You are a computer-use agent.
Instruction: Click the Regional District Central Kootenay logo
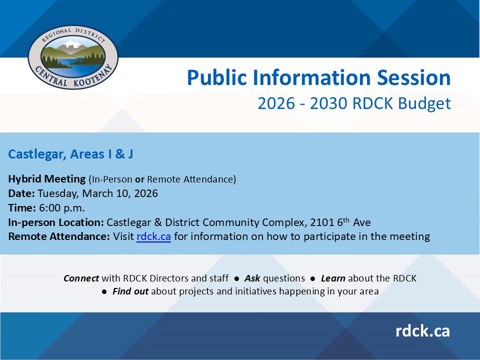pos(73,57)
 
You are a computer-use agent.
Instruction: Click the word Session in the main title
pos(413,77)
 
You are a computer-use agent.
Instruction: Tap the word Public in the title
pos(216,77)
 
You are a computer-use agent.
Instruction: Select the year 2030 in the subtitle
pos(329,103)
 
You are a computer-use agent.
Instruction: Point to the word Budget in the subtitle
pos(424,104)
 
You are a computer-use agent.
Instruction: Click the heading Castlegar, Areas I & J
pos(70,154)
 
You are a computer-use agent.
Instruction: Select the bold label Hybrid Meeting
pos(47,179)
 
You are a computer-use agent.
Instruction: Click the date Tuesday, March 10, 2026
pos(97,194)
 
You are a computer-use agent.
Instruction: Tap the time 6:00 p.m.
pos(62,208)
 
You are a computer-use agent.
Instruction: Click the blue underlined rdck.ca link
pos(153,236)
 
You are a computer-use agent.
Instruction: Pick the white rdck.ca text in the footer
pos(422,331)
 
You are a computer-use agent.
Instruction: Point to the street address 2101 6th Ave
pos(340,222)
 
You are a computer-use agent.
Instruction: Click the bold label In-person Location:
pos(56,222)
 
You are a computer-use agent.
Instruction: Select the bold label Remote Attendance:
pos(59,236)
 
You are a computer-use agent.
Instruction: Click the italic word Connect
pos(81,278)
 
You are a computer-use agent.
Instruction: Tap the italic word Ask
pos(252,278)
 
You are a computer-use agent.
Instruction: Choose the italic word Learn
pos(333,278)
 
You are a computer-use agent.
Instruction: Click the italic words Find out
pos(130,291)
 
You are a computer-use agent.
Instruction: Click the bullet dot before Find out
pos(104,291)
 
